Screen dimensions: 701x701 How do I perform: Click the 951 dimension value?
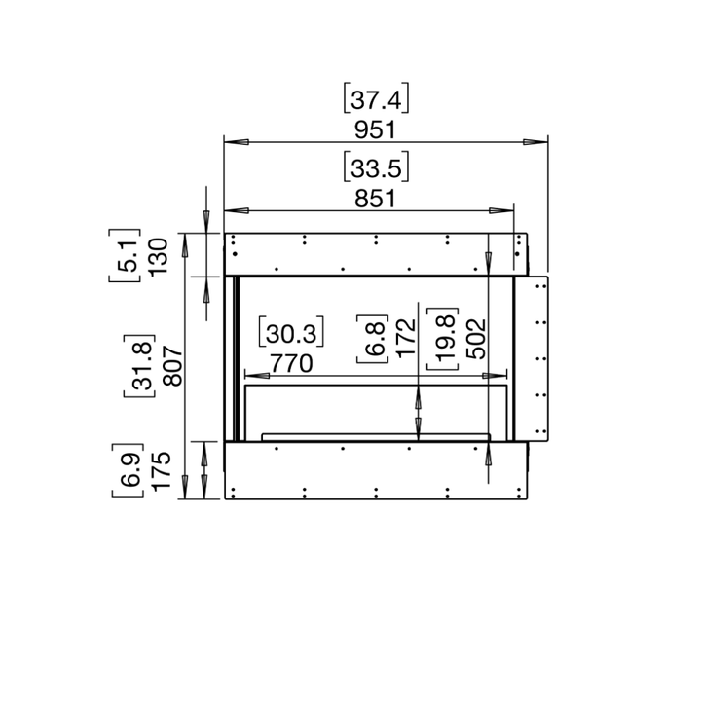tap(375, 130)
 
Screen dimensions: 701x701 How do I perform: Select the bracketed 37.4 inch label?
tap(376, 99)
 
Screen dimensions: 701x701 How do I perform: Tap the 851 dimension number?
tap(374, 199)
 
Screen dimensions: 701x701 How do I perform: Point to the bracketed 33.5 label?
tap(375, 167)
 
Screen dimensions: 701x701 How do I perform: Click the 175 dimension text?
tap(162, 470)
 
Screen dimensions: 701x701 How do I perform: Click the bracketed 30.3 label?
tap(291, 334)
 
